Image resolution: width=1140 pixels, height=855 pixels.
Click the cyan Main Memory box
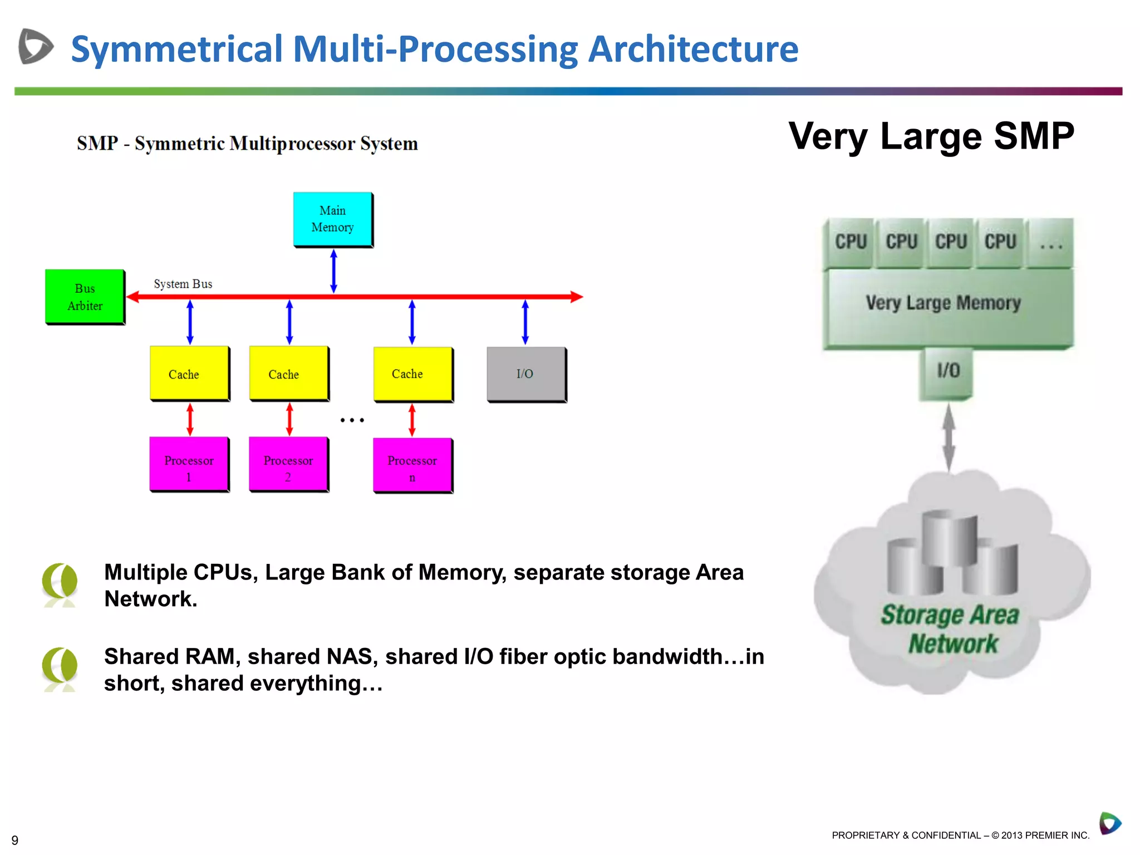[333, 219]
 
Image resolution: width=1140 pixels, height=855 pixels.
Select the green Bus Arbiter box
[85, 297]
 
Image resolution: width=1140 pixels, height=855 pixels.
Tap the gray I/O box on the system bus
[526, 374]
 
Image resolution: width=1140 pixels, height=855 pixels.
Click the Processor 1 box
[189, 464]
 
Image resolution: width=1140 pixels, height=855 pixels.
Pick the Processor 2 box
[288, 464]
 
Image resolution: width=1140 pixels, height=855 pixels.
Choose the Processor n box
[412, 465]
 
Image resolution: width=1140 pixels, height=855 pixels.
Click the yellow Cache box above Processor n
[412, 374]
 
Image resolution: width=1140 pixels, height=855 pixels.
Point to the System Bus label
[183, 284]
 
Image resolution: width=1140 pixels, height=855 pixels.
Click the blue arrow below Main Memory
[333, 271]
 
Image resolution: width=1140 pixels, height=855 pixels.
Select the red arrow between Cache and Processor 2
[289, 419]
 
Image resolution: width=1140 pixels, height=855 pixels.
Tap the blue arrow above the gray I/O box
[525, 322]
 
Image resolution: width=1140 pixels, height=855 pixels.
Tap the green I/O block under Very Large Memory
[947, 372]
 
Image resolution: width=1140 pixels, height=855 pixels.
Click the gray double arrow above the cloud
[949, 437]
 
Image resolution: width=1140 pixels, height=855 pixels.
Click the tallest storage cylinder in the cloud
[949, 537]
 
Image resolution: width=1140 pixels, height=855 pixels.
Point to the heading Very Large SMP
[931, 136]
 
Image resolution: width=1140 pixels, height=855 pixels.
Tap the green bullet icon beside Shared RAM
[60, 669]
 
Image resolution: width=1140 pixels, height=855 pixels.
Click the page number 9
[15, 840]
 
